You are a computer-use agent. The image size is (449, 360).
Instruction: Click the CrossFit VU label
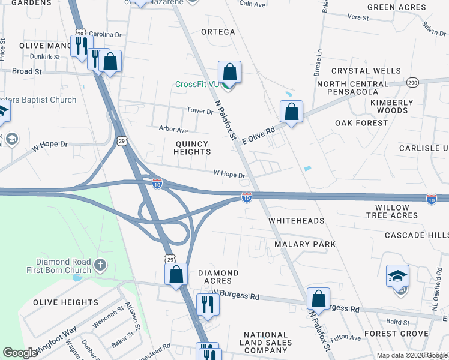click(197, 84)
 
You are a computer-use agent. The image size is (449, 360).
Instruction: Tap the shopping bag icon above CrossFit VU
click(229, 73)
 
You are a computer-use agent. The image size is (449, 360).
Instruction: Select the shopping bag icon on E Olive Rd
click(291, 112)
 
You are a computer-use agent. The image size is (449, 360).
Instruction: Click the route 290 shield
click(412, 82)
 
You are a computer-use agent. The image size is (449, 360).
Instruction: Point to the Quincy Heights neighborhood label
click(192, 148)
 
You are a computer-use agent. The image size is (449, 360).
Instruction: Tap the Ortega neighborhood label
click(217, 32)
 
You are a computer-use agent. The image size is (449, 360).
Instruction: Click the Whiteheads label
click(296, 221)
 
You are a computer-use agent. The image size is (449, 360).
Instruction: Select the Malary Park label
click(304, 244)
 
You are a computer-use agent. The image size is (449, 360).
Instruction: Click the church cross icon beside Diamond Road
click(100, 263)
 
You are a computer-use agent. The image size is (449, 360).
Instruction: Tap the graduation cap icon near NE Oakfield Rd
click(397, 277)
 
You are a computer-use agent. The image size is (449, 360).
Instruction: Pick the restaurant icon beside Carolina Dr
click(80, 46)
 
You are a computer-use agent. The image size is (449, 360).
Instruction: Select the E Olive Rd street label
click(258, 134)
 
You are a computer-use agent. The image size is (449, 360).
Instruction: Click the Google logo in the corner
click(20, 352)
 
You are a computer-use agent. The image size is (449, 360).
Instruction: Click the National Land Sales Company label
click(267, 343)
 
